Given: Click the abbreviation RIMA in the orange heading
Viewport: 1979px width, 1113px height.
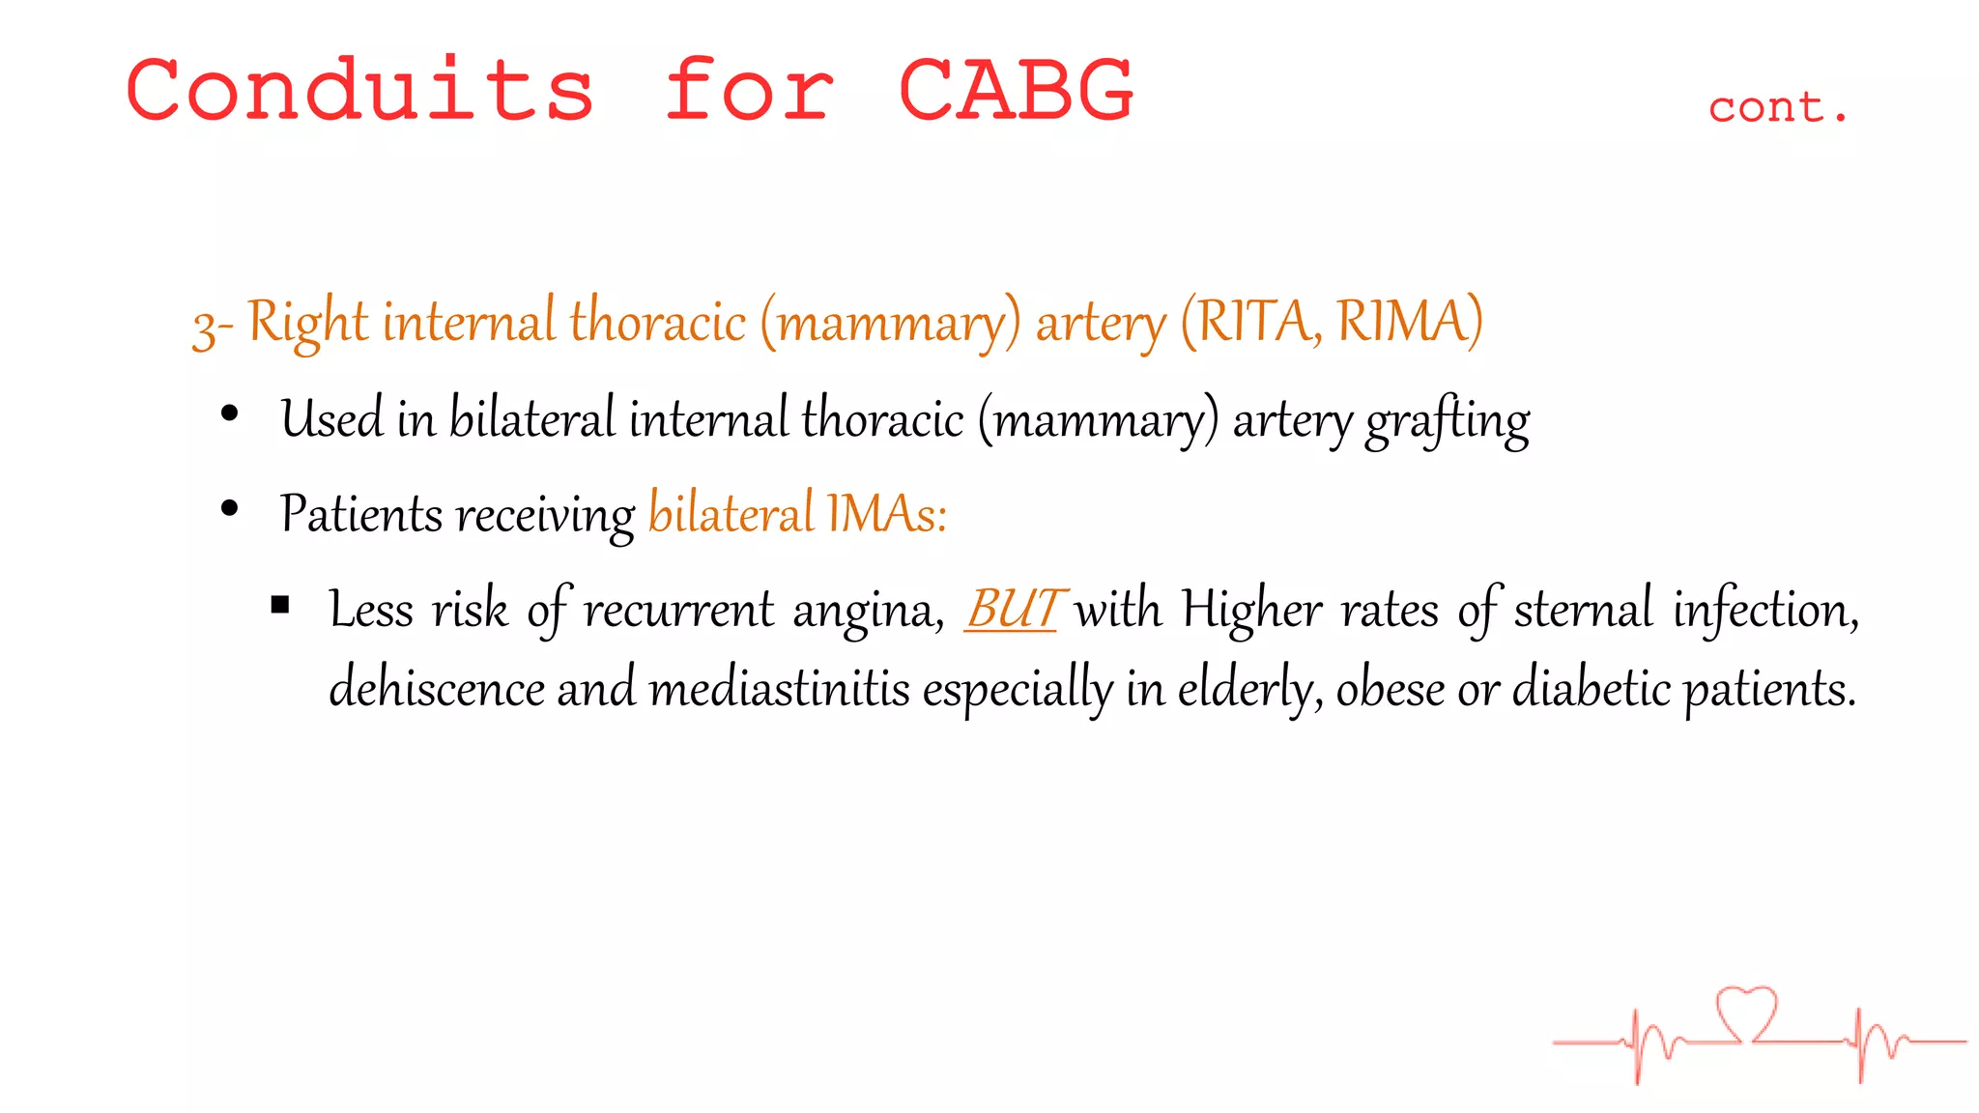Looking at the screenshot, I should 1409,322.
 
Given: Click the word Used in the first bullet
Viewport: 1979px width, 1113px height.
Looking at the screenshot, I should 330,419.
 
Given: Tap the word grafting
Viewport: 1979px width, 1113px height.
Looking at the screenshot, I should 1448,421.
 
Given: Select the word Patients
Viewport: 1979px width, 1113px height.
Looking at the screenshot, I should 360,513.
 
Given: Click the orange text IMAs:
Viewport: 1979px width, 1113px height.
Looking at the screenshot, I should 886,513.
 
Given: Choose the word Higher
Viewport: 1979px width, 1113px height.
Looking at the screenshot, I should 1252,610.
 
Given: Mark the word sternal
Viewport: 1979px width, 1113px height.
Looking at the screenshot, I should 1583,610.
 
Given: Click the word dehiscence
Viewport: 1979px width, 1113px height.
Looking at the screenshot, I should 437,689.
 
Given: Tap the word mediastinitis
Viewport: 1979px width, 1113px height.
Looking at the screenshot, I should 779,689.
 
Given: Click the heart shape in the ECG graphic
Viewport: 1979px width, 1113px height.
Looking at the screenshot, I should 1746,1013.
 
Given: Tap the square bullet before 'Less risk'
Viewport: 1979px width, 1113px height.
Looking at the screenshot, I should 280,606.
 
